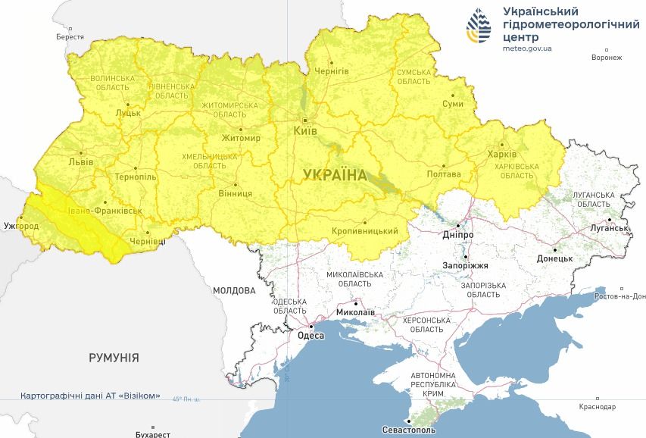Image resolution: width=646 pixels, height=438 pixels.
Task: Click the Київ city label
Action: [304, 131]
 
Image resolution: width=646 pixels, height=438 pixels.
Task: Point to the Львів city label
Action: [80, 161]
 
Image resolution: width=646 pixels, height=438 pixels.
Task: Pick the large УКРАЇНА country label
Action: [335, 175]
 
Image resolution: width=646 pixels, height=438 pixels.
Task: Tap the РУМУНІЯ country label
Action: [114, 357]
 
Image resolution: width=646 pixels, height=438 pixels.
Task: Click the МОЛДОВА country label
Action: [234, 289]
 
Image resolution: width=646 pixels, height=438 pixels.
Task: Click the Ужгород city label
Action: [21, 226]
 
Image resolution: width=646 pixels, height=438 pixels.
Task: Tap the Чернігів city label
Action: [333, 70]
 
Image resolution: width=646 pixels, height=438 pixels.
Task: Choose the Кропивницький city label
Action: [365, 231]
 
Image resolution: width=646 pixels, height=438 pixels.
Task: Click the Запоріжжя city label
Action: [465, 266]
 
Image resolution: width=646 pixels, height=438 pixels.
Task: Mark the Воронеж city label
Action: [607, 58]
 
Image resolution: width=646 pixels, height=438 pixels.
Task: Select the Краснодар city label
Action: [598, 407]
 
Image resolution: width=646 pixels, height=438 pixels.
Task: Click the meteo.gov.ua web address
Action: [527, 48]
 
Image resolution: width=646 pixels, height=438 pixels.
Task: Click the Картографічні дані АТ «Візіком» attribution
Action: [90, 396]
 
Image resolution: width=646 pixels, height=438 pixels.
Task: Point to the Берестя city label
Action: [70, 36]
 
